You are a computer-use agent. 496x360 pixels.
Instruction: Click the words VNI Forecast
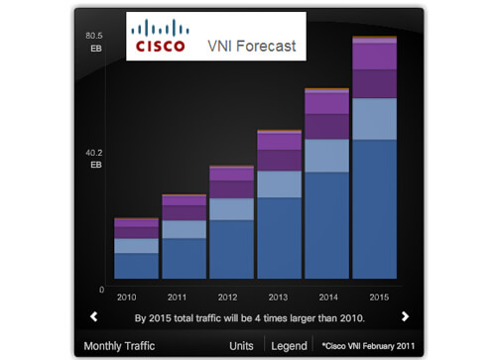[x=251, y=46]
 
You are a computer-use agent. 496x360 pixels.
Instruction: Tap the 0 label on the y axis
[x=101, y=290]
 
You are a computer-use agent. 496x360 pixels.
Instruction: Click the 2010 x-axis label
[x=126, y=297]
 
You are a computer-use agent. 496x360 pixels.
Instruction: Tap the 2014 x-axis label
[x=326, y=297]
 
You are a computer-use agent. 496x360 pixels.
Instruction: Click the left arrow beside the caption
[x=93, y=317]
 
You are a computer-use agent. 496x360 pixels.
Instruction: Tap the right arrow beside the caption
[x=405, y=317]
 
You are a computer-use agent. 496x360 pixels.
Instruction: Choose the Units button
[x=241, y=346]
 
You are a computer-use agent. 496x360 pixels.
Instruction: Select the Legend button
[x=289, y=346]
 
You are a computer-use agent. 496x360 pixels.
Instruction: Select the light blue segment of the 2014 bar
[x=326, y=156]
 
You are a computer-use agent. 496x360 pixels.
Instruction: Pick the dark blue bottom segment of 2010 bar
[x=136, y=266]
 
